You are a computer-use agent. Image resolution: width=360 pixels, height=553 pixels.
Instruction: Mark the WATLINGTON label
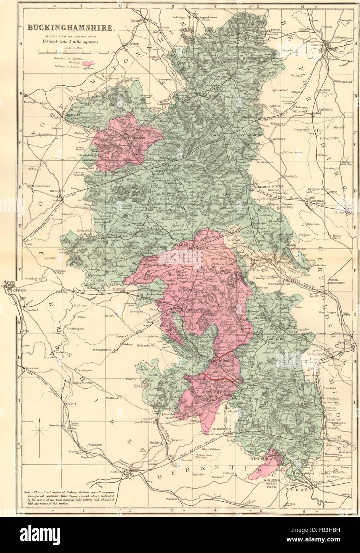click(102, 350)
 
